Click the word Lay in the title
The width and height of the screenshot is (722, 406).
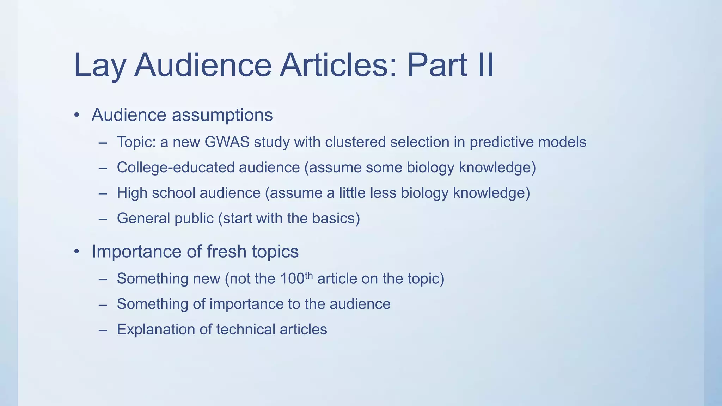point(99,66)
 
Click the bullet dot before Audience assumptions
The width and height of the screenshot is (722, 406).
point(77,116)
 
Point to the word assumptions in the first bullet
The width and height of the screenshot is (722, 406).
point(222,115)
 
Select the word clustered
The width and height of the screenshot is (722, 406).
point(355,142)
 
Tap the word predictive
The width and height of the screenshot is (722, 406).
point(502,142)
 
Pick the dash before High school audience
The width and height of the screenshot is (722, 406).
point(103,193)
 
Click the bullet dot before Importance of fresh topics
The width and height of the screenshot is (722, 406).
point(77,252)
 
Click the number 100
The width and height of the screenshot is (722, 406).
point(292,279)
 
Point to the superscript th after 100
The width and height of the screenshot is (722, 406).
point(308,275)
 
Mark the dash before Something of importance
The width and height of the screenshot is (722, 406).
point(103,304)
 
